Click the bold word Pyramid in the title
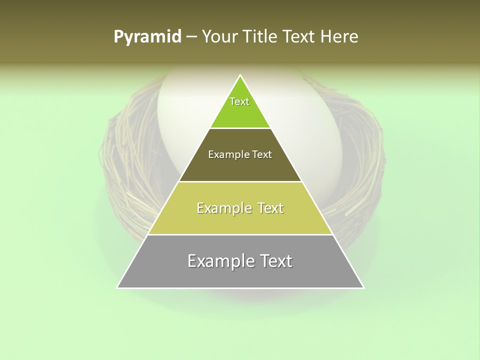click(147, 36)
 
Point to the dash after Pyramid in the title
click(191, 36)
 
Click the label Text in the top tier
click(239, 101)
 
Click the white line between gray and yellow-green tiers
click(240, 234)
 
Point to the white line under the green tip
click(240, 128)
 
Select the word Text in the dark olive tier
click(262, 154)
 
